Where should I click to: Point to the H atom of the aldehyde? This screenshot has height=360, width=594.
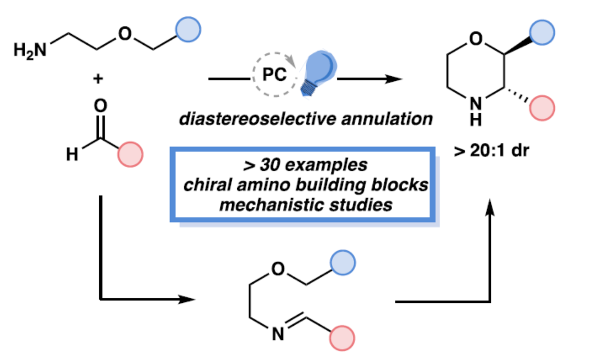(x=72, y=154)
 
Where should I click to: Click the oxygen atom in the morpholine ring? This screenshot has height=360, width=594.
(x=476, y=39)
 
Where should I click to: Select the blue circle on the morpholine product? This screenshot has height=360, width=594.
(x=542, y=28)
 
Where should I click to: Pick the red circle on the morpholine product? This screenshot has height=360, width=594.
(x=542, y=107)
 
